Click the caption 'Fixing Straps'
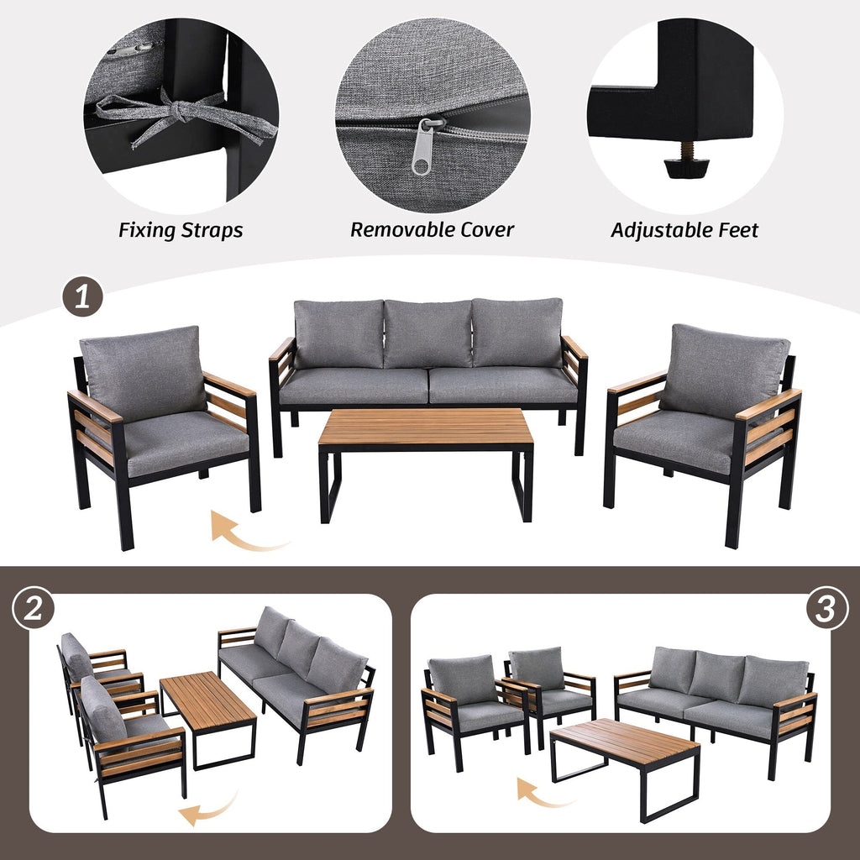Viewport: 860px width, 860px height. (x=181, y=230)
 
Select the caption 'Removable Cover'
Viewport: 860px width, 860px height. (x=432, y=229)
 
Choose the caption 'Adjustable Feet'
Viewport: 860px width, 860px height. (x=684, y=230)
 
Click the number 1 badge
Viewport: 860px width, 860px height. (x=82, y=298)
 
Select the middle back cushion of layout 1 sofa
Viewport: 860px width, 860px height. (x=427, y=333)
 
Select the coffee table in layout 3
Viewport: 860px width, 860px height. (x=625, y=743)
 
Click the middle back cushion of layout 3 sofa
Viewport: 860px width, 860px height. (x=716, y=677)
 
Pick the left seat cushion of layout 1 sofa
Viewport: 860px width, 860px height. (x=354, y=385)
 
